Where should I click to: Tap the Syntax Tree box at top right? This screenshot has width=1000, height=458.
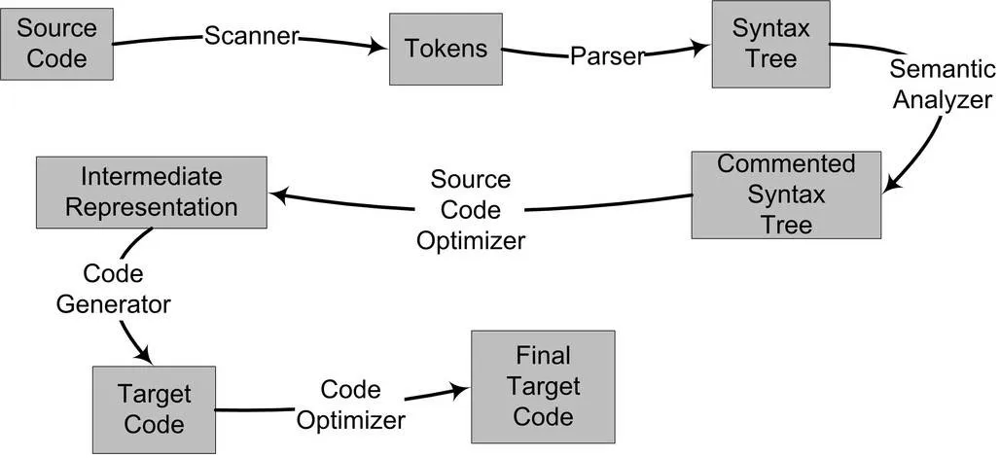(x=770, y=44)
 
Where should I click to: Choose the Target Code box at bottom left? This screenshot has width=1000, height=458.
(x=154, y=409)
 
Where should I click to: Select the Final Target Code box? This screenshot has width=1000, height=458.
(x=543, y=385)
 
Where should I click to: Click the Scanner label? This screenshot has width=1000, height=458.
(x=250, y=36)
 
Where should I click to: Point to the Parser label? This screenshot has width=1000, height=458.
(x=607, y=56)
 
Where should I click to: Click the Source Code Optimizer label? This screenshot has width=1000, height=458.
(x=471, y=209)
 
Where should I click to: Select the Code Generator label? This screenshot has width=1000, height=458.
(x=113, y=289)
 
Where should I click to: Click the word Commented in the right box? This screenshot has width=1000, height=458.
(x=786, y=163)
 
